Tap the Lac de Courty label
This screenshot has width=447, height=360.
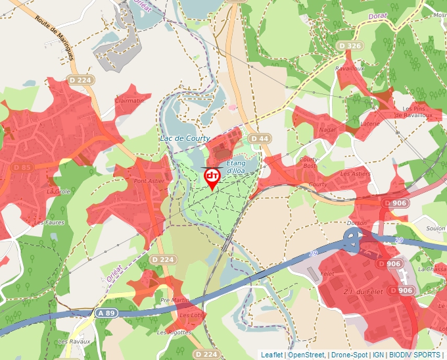coord(185,138)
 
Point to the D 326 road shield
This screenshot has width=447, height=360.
coord(349,45)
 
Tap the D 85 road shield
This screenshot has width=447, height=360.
coord(22,167)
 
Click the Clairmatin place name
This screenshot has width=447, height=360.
coord(129,101)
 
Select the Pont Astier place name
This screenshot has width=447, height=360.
coord(149,181)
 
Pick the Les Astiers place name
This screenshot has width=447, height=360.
coord(356,174)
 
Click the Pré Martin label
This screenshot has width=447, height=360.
coord(175,300)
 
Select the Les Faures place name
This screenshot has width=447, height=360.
coord(49,222)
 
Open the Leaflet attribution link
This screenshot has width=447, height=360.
coord(271,355)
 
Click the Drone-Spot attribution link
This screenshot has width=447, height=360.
coord(350,355)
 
